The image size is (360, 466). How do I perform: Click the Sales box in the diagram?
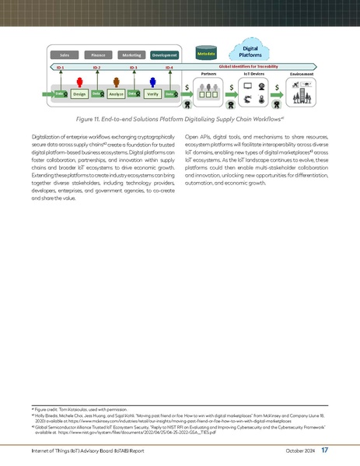click(x=65, y=55)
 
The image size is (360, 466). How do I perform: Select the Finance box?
click(x=98, y=55)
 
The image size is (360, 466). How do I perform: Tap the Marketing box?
click(x=131, y=55)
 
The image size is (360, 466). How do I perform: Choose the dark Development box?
click(x=165, y=55)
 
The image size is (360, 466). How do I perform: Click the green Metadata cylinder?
click(x=206, y=53)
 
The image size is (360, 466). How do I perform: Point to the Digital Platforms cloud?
click(x=250, y=51)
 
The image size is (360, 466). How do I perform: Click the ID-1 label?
click(x=60, y=68)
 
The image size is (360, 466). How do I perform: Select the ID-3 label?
click(x=133, y=68)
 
